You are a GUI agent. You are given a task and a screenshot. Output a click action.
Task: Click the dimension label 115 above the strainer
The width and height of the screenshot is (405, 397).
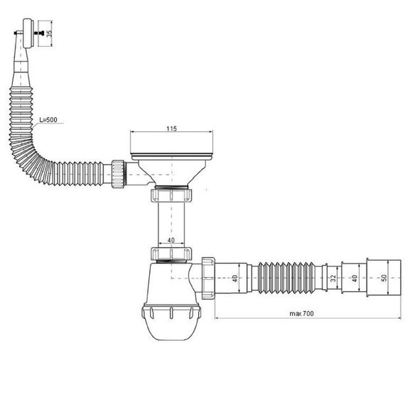click(171, 129)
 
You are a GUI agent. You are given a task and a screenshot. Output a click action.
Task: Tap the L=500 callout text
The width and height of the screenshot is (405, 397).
click(48, 120)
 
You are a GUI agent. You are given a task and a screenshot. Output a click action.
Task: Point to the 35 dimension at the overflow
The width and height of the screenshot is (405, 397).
click(49, 33)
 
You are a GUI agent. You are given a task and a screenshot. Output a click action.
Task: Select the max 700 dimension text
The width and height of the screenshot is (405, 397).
click(302, 313)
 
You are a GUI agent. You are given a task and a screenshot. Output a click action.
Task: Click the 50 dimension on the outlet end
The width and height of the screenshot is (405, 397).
click(384, 278)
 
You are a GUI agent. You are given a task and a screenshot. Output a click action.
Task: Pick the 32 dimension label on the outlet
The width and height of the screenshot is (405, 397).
click(333, 278)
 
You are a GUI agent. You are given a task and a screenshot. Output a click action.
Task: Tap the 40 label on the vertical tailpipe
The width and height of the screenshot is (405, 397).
click(171, 240)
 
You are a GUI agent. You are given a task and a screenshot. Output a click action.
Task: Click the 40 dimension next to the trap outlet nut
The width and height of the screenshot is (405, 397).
click(234, 278)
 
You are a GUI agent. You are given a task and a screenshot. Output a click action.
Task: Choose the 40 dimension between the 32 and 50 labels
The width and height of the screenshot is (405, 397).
click(355, 278)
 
